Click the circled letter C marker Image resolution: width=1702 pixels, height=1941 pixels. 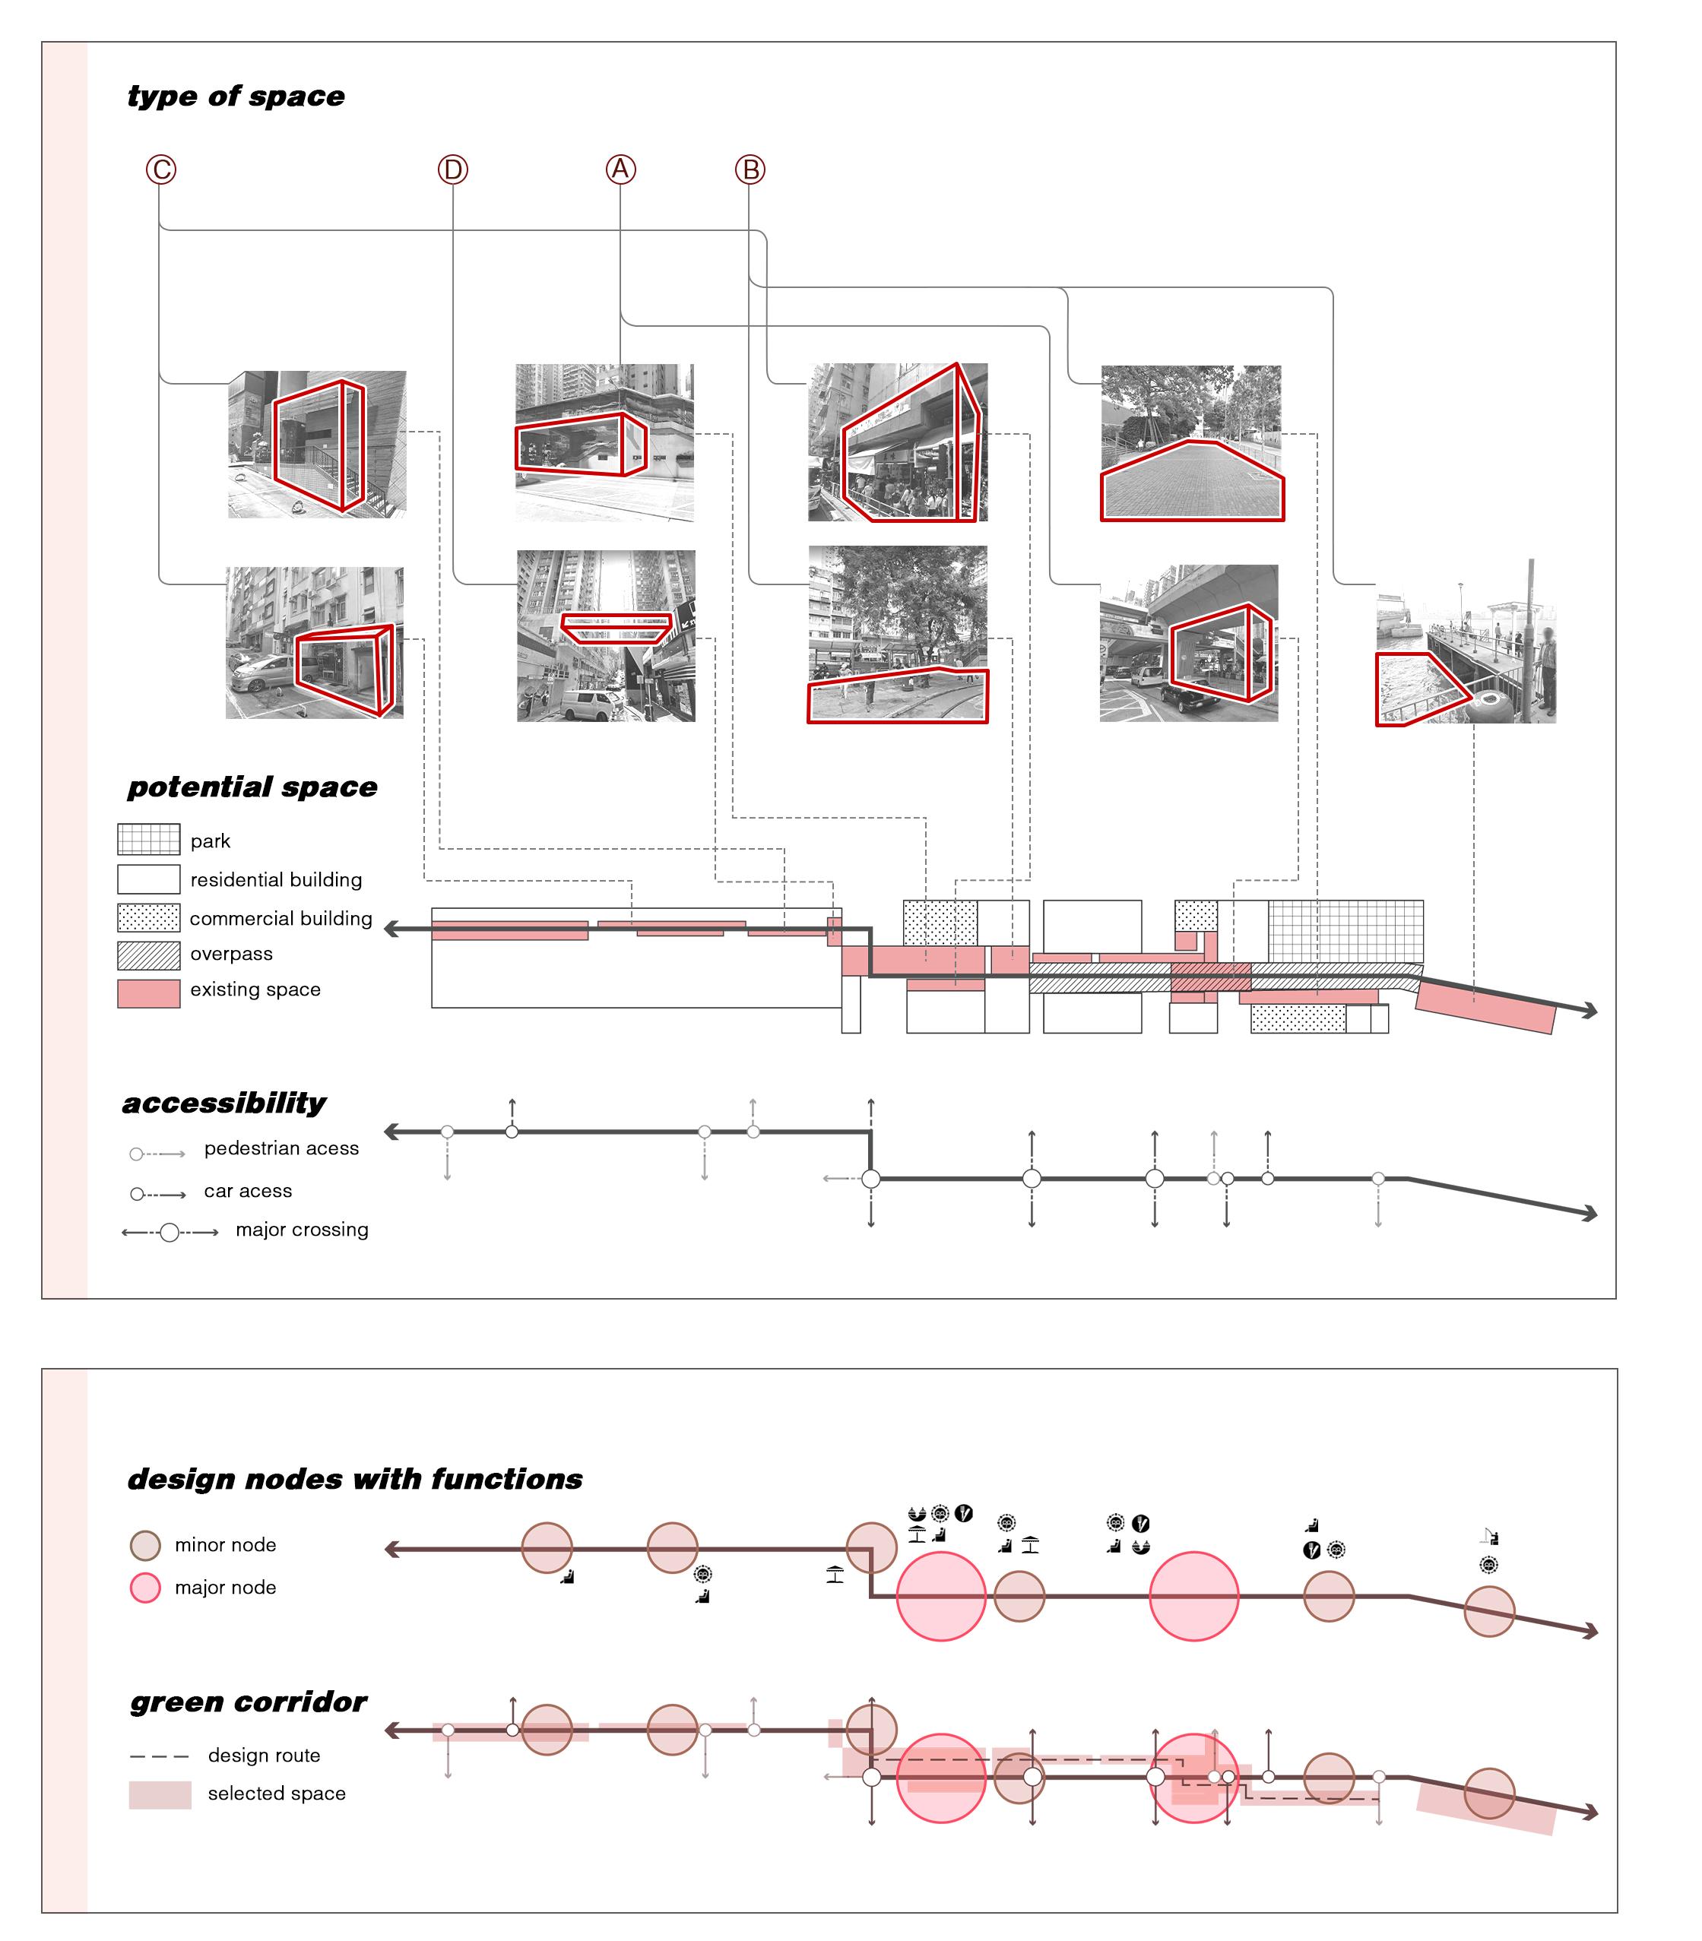click(161, 170)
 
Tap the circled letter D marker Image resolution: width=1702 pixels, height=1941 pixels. click(453, 170)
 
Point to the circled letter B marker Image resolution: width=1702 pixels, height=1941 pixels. click(750, 170)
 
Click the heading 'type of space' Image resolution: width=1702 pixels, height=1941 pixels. click(236, 96)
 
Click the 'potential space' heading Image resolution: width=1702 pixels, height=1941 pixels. click(252, 787)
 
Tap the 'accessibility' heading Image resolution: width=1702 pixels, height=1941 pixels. click(224, 1103)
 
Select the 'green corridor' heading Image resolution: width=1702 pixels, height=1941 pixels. click(248, 1702)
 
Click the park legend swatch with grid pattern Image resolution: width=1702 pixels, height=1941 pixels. click(148, 840)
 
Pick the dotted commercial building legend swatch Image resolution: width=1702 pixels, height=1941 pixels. click(148, 917)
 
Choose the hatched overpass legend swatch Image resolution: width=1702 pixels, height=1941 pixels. click(148, 955)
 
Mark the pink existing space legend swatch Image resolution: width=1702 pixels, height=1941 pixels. click(148, 993)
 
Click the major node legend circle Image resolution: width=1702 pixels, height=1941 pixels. click(144, 1588)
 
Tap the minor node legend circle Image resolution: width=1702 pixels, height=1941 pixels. click(144, 1545)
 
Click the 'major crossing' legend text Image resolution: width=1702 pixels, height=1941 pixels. click(302, 1230)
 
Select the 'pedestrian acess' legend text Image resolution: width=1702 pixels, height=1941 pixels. click(281, 1148)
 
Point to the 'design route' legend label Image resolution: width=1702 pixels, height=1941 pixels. click(264, 1756)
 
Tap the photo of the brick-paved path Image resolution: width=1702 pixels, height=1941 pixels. click(1191, 444)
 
